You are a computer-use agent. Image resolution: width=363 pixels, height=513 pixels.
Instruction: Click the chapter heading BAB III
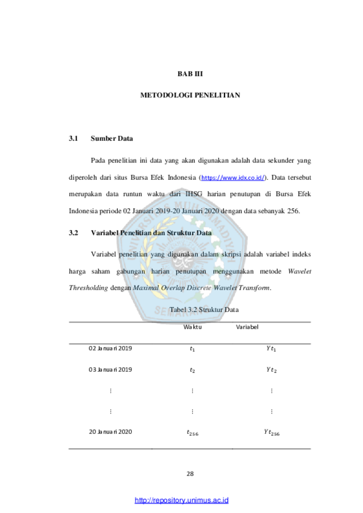pyautogui.click(x=190, y=74)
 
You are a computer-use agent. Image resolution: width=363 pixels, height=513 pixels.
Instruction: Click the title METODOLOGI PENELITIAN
pyautogui.click(x=190, y=95)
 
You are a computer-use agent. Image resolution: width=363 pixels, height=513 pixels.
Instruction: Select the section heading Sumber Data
pyautogui.click(x=112, y=138)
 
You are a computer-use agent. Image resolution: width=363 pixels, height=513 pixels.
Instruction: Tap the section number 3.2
pyautogui.click(x=74, y=233)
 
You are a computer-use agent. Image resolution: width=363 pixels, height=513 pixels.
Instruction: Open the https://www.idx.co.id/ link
pyautogui.click(x=233, y=178)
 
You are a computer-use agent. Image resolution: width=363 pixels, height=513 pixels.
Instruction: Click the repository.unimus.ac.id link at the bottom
pyautogui.click(x=181, y=500)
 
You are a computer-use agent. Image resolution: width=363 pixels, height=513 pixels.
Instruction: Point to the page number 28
pyautogui.click(x=190, y=473)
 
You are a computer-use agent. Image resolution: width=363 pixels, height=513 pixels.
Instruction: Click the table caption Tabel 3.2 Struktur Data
pyautogui.click(x=204, y=309)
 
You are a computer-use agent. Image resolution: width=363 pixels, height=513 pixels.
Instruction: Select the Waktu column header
pyautogui.click(x=193, y=327)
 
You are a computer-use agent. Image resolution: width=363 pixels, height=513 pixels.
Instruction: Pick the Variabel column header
pyautogui.click(x=247, y=327)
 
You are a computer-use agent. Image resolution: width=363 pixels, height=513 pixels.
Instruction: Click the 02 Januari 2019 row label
pyautogui.click(x=111, y=348)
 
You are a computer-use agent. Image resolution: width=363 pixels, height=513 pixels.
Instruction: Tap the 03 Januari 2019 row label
pyautogui.click(x=111, y=370)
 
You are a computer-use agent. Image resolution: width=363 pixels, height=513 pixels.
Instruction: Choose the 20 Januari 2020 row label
pyautogui.click(x=111, y=432)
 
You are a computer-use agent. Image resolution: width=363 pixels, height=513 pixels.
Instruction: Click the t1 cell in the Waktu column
pyautogui.click(x=193, y=349)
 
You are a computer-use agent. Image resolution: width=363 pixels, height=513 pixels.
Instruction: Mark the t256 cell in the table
pyautogui.click(x=193, y=433)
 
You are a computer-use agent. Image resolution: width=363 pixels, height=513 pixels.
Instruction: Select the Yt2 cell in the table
pyautogui.click(x=271, y=370)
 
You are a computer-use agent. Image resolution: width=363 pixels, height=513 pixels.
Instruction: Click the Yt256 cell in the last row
pyautogui.click(x=271, y=433)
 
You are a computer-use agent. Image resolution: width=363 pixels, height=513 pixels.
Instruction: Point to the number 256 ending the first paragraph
pyautogui.click(x=293, y=211)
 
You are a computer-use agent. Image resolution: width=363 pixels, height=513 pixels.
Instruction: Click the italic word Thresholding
pyautogui.click(x=88, y=288)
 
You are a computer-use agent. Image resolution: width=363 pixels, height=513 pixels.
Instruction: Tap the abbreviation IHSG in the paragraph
pyautogui.click(x=194, y=194)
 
